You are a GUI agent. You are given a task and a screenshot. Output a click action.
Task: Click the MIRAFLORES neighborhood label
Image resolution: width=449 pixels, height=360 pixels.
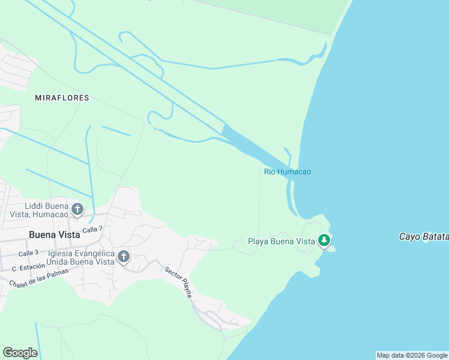coord(62,98)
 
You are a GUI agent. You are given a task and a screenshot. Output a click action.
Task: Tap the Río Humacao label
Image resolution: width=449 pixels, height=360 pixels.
coord(288,172)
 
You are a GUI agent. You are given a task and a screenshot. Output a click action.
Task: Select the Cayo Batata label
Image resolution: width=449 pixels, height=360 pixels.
coord(424,237)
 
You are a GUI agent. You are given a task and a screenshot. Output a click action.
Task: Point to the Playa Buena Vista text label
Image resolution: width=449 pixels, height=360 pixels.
coord(282,242)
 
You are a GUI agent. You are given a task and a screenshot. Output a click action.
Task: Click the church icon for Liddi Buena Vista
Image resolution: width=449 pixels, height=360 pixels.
coord(77,209)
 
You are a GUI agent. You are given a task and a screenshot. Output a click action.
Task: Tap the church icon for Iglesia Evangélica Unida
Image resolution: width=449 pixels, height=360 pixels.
coord(123,257)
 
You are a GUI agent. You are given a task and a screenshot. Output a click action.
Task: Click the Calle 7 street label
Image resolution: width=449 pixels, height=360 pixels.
coord(93,229)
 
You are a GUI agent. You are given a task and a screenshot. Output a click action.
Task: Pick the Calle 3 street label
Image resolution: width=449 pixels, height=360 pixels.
coord(28,253)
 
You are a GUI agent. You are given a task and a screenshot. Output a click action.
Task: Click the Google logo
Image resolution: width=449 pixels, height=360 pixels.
coord(20,353)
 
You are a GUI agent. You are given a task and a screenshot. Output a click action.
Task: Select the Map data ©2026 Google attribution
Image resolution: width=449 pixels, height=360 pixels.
coord(412,355)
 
